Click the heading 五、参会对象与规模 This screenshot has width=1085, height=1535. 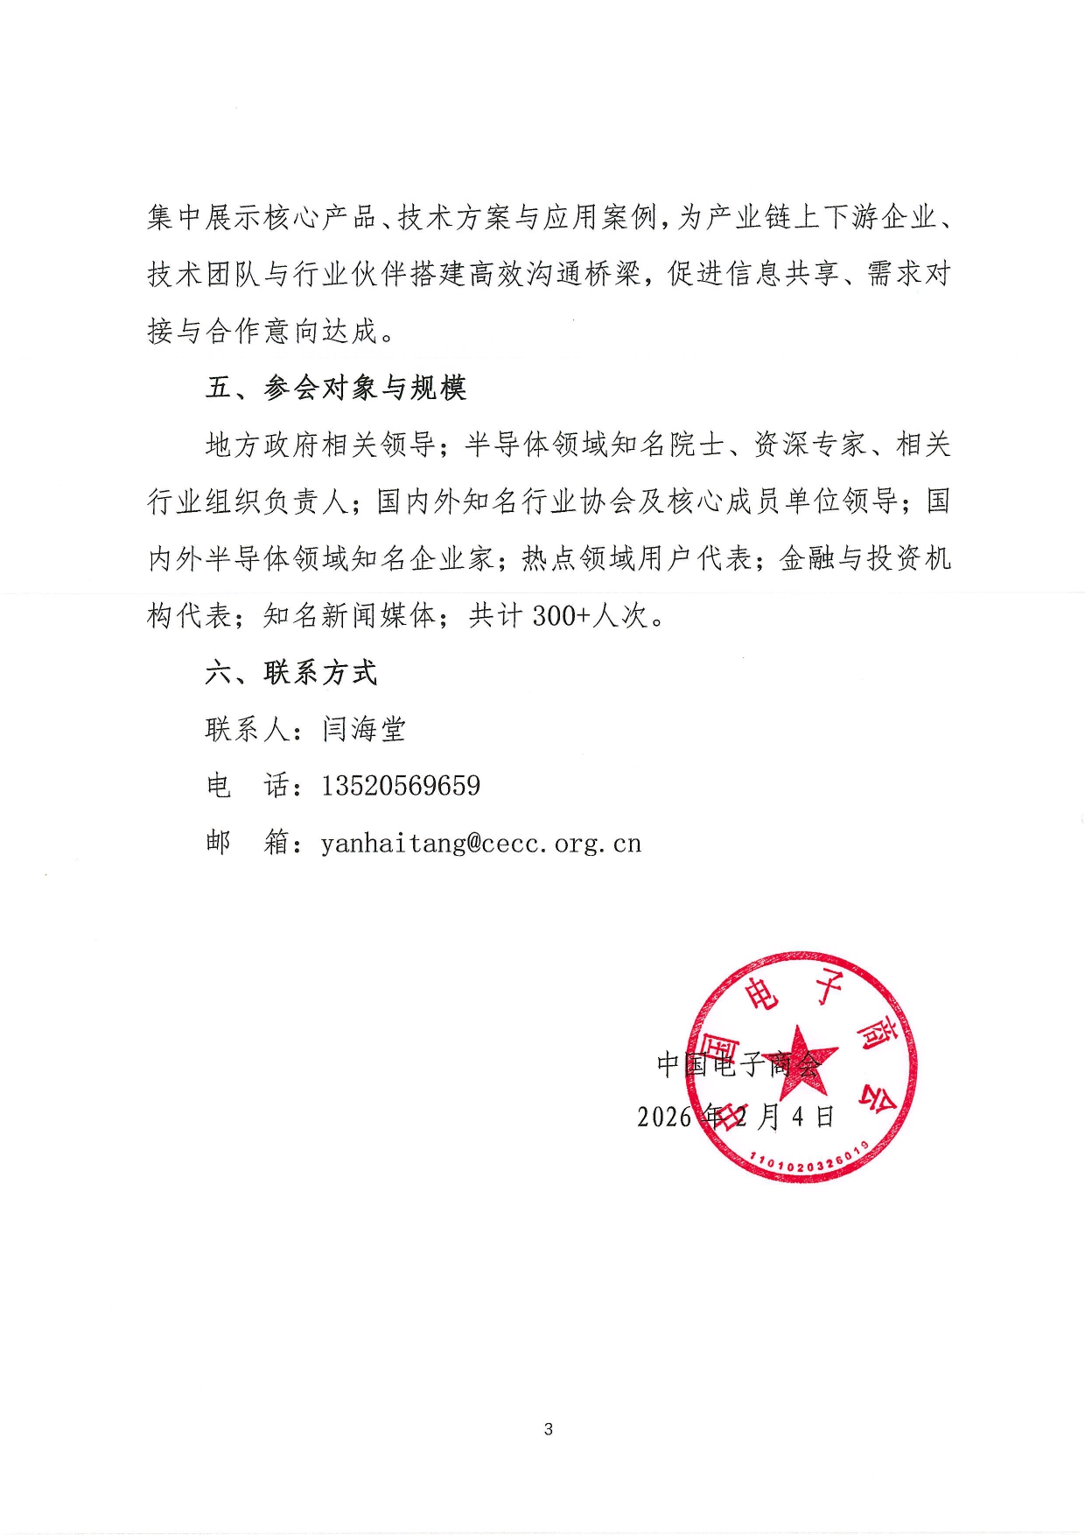(x=336, y=388)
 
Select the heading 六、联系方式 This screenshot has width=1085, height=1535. (x=291, y=672)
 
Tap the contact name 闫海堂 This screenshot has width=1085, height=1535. (x=364, y=729)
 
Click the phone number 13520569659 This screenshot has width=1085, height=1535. (x=401, y=786)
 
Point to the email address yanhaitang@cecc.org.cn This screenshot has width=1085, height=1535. (x=481, y=844)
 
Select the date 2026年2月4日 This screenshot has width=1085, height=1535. (x=736, y=1117)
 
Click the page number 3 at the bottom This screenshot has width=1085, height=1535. (x=549, y=1429)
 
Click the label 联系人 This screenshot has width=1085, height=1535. (x=248, y=729)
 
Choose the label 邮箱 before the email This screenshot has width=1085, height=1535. (x=248, y=844)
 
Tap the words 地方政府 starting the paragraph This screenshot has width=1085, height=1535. (x=262, y=445)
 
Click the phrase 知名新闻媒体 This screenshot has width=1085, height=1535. (x=350, y=616)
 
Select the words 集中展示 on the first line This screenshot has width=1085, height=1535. (x=204, y=217)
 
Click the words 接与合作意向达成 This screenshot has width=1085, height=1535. (x=262, y=331)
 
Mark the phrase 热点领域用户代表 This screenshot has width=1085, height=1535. (x=637, y=558)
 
